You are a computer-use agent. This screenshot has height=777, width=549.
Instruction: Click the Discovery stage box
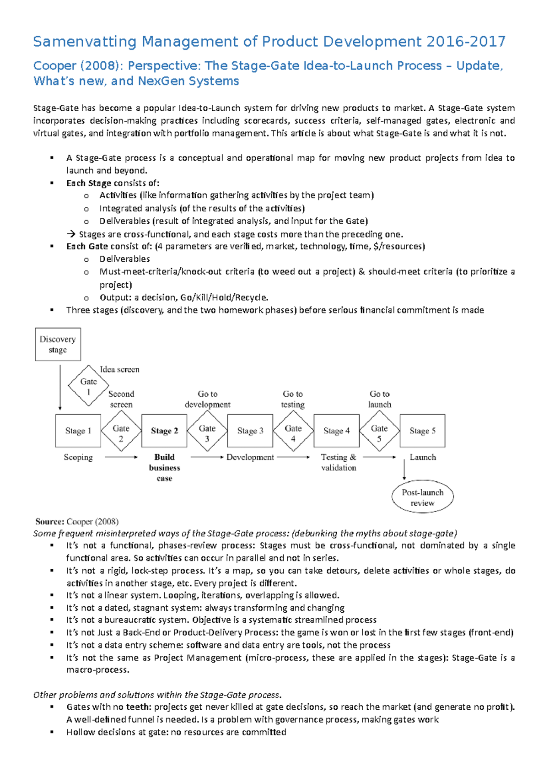58,344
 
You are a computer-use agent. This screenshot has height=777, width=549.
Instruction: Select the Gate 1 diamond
88,386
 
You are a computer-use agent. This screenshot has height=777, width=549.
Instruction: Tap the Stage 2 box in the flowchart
164,431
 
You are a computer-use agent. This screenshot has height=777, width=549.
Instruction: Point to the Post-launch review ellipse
422,497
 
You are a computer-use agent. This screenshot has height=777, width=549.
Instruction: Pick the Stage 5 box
422,431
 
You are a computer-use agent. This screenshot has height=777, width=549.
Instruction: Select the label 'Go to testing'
293,399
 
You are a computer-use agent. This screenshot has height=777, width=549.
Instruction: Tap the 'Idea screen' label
119,369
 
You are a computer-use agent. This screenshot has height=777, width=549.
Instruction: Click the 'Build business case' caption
164,467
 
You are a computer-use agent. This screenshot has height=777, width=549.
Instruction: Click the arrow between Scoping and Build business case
121,457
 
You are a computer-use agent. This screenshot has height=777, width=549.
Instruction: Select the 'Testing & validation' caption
339,462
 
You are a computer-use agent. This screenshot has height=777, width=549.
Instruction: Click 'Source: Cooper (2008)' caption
77,521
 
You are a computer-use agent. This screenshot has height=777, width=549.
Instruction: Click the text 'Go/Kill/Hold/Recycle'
224,297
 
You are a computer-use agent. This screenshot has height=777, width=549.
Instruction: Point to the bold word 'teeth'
137,707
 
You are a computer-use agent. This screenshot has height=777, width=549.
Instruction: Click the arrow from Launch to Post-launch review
404,469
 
